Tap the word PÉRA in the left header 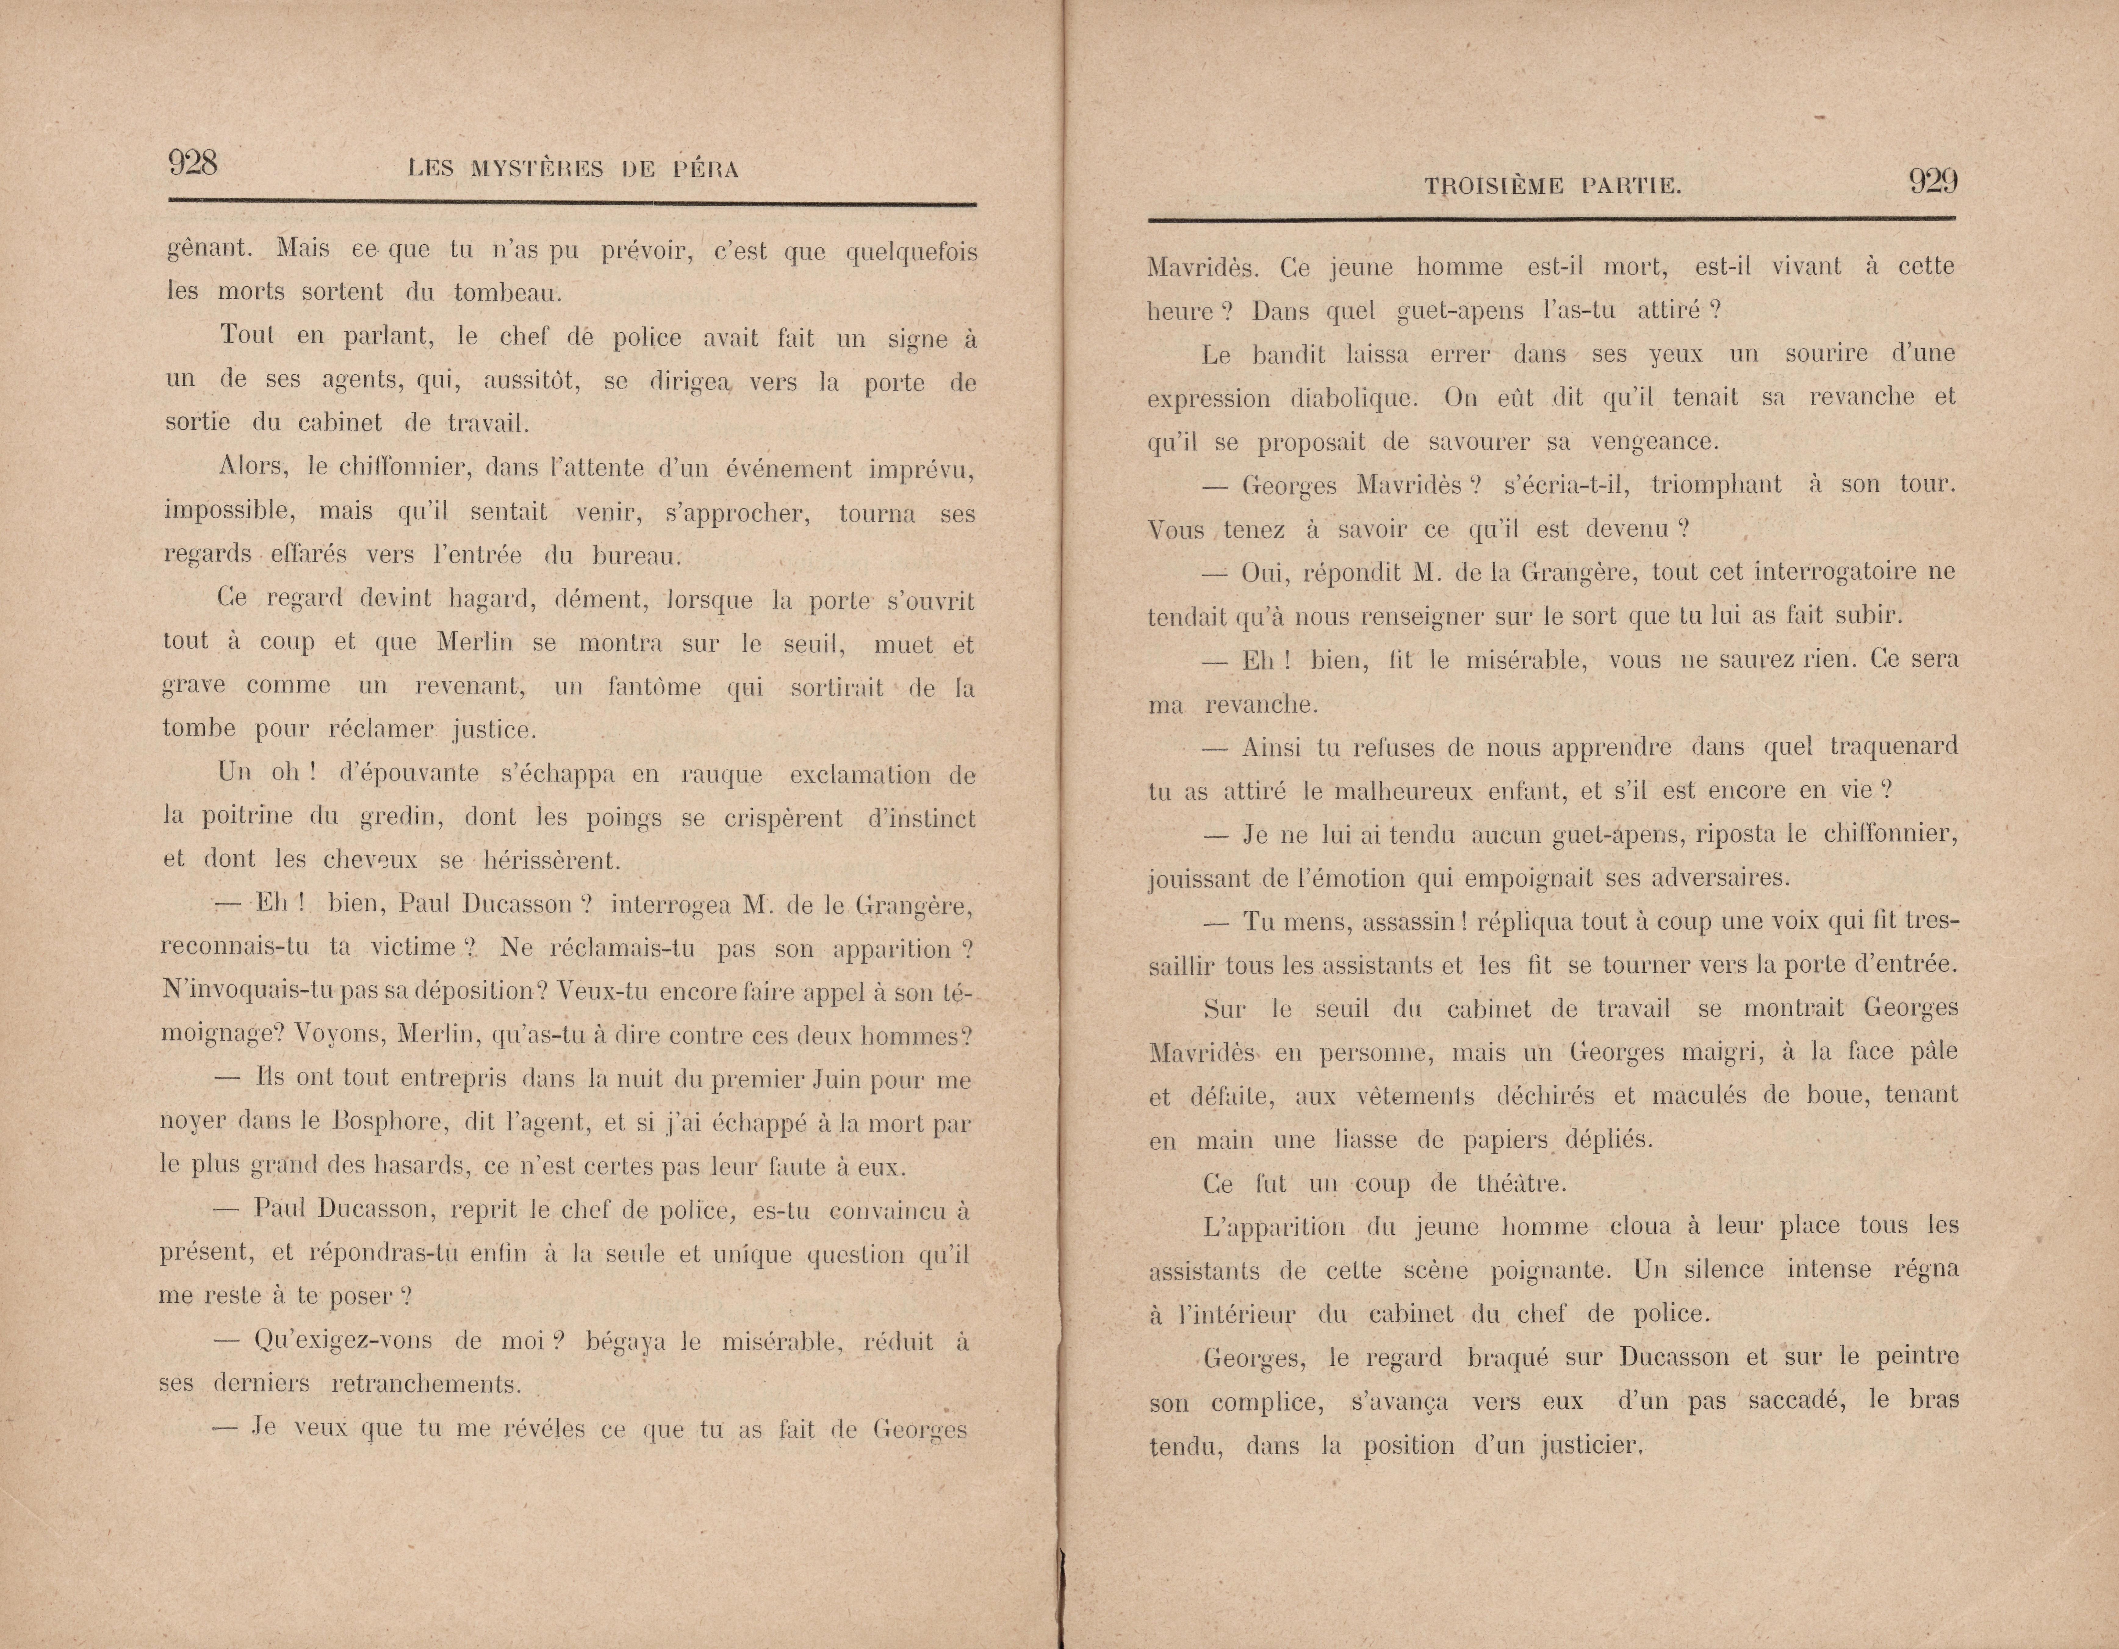[705, 170]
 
